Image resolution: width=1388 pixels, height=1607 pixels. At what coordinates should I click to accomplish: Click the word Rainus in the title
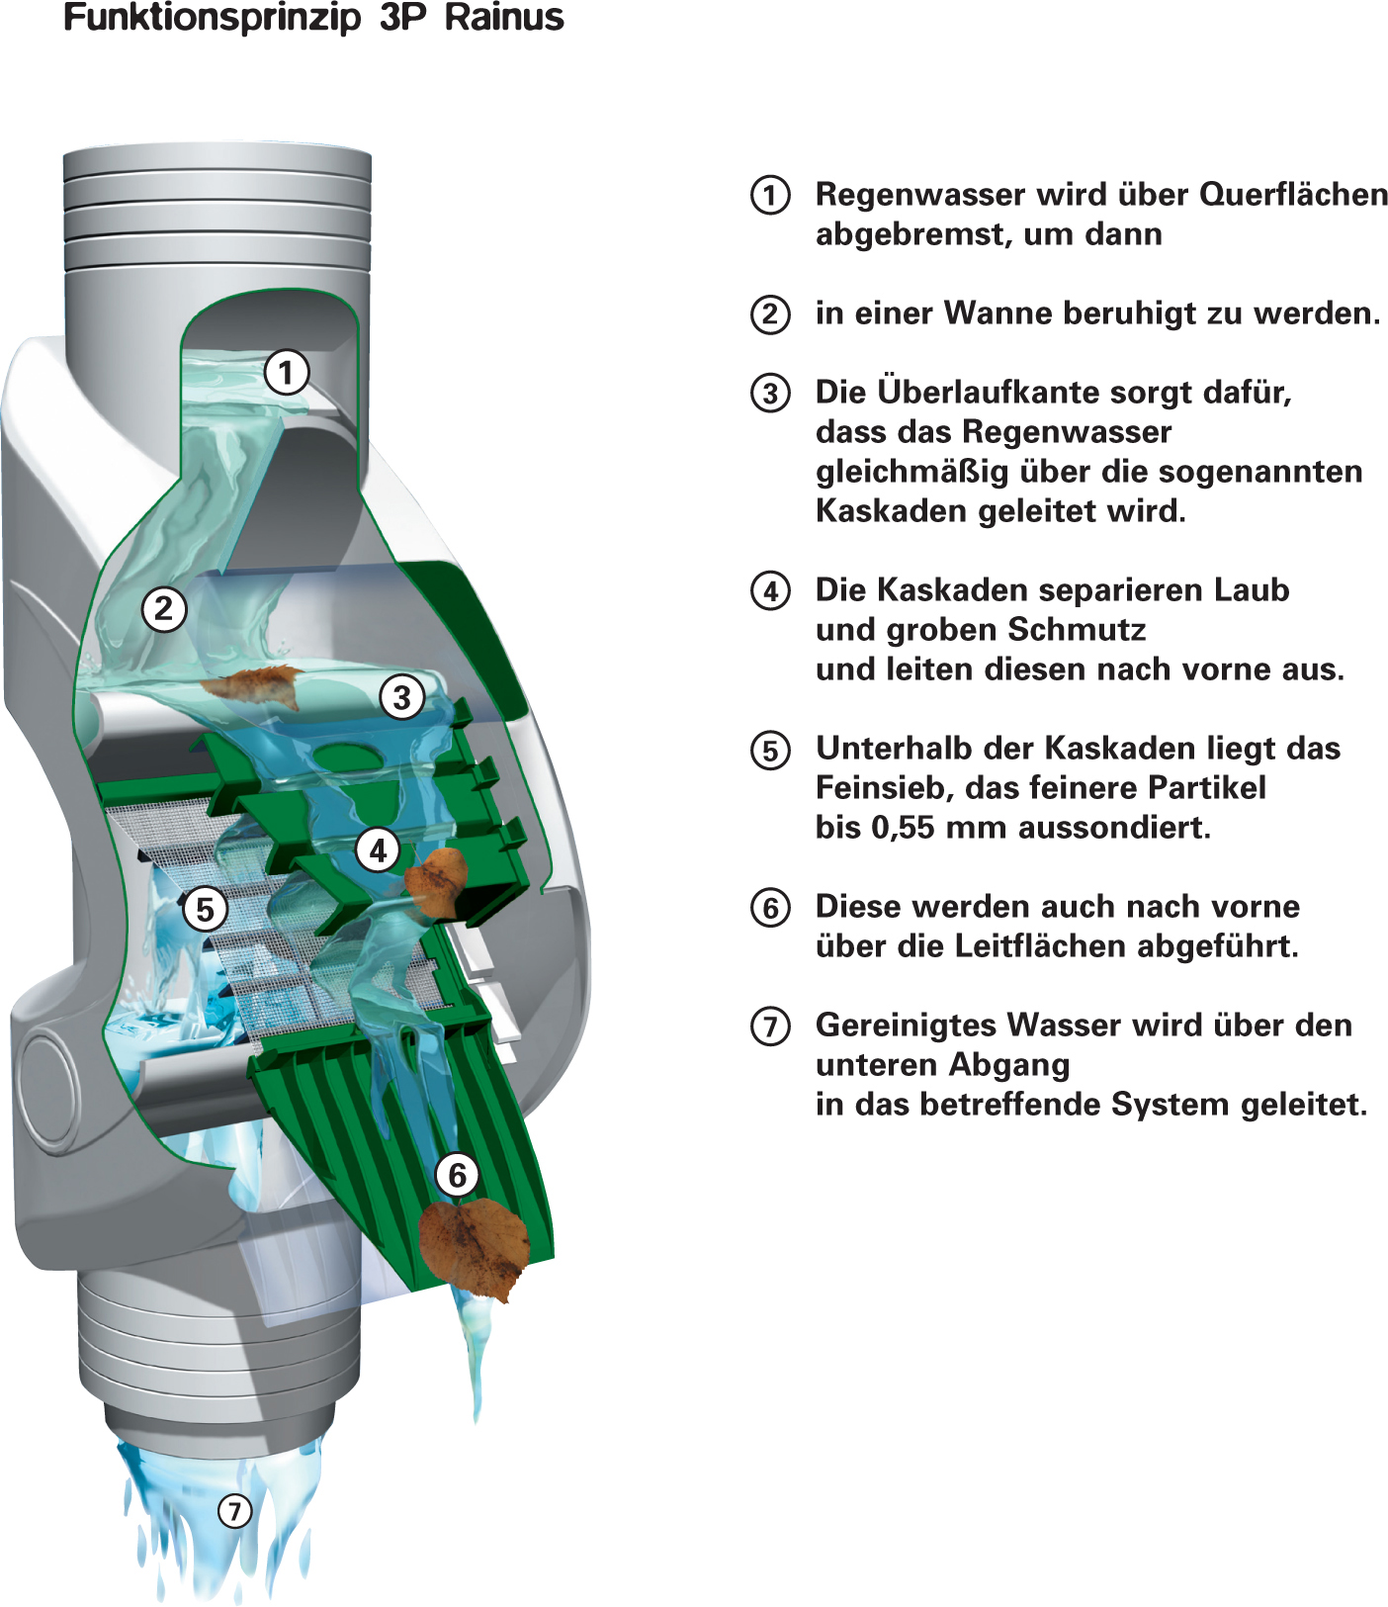[504, 18]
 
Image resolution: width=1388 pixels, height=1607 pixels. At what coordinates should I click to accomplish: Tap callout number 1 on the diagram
[287, 373]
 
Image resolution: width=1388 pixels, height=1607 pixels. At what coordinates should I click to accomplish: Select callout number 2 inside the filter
[164, 609]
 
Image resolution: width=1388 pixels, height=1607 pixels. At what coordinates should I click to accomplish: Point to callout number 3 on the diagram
[401, 697]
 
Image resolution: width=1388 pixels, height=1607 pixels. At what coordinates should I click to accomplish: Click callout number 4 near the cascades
[378, 849]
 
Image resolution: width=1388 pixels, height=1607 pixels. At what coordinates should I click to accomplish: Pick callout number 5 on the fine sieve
[205, 909]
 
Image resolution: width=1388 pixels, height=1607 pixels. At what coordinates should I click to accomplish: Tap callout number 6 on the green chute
[457, 1175]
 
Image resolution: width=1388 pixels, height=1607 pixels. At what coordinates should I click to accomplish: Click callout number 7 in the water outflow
[234, 1511]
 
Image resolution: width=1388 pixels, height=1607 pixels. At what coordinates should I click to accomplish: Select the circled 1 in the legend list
[770, 195]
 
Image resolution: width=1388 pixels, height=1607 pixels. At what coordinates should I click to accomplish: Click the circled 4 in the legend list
[770, 591]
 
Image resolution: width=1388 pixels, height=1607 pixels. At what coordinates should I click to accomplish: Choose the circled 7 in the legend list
[770, 1026]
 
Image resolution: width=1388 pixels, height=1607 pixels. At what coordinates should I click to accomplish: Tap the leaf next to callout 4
[437, 880]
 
